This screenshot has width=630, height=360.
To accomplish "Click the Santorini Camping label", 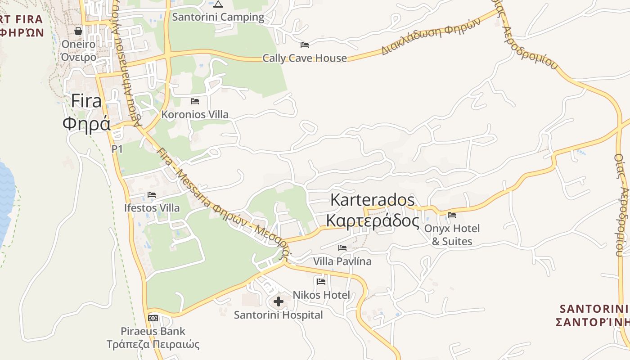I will [x=218, y=17].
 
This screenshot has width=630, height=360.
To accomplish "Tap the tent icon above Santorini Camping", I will [x=218, y=4].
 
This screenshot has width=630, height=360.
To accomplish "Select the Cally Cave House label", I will [x=305, y=58].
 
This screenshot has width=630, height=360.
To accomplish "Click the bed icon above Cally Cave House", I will [x=305, y=45].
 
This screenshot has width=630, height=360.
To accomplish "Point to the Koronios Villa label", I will [x=195, y=114].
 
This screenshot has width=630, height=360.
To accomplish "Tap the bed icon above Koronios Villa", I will [x=195, y=101].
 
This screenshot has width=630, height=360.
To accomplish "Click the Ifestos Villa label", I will [x=152, y=208].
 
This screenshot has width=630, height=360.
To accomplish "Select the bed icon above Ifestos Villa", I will [x=152, y=195].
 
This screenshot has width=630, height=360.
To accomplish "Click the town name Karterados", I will [x=373, y=200].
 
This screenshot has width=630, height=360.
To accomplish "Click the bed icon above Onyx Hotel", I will [x=452, y=215].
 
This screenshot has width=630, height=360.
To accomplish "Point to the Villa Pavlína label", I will [x=342, y=261].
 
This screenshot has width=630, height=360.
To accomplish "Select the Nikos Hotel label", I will [x=321, y=295].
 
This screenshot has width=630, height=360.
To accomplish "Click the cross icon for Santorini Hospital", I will [x=279, y=301].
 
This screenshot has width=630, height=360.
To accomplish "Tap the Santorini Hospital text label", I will [x=279, y=315].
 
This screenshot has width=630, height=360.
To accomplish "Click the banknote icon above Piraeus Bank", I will [x=153, y=318].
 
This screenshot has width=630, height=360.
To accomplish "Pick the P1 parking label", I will [x=117, y=148].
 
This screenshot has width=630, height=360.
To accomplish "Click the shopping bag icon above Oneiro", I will [x=78, y=31].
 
